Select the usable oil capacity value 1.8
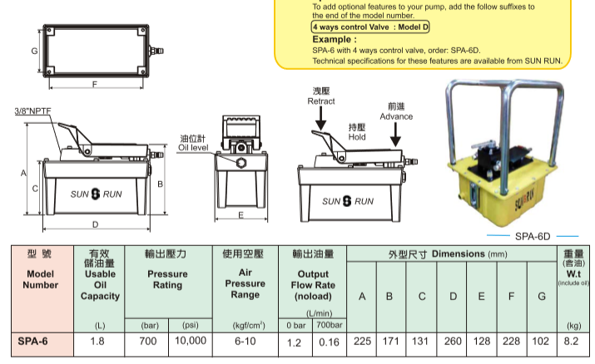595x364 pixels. (97, 341)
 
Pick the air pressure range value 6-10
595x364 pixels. (245, 341)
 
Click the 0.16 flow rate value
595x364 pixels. (330, 341)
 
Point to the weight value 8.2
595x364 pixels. (573, 341)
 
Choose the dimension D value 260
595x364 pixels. (452, 341)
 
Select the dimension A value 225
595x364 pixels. (361, 341)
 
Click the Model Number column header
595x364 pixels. (42, 279)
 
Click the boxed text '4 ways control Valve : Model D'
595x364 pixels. (371, 27)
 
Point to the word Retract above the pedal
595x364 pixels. (321, 101)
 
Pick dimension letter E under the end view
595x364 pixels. (240, 215)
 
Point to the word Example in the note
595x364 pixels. (333, 39)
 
